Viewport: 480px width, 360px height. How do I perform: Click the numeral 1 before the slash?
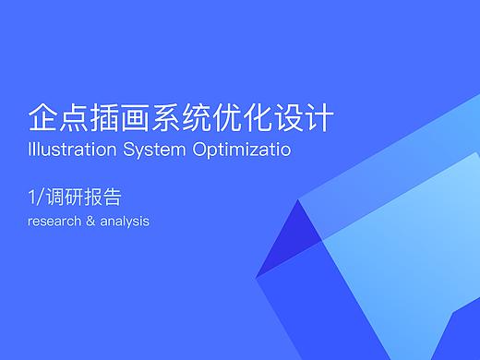point(32,198)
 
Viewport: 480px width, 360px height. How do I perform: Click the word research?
point(52,222)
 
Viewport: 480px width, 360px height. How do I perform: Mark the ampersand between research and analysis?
point(90,222)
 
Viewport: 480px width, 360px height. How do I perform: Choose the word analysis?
point(124,222)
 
